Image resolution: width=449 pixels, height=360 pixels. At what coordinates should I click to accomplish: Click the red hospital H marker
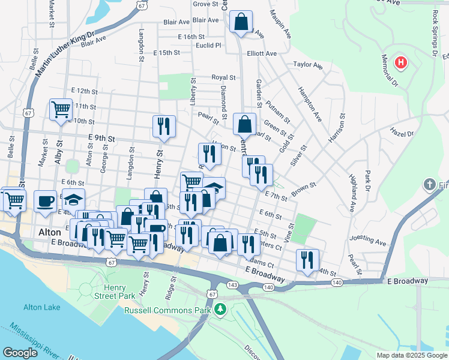pyautogui.click(x=400, y=62)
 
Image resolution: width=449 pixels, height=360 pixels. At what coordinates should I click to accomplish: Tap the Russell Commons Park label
pyautogui.click(x=167, y=310)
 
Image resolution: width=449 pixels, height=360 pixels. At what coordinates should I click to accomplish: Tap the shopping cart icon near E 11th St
pyautogui.click(x=61, y=109)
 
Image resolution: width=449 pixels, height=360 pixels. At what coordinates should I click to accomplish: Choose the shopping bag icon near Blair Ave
pyautogui.click(x=240, y=23)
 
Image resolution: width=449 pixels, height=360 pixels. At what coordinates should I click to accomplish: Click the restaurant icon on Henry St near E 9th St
pyautogui.click(x=164, y=126)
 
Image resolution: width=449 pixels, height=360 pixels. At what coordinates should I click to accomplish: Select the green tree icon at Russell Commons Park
pyautogui.click(x=221, y=310)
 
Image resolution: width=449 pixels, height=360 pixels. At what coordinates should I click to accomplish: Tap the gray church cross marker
pyautogui.click(x=430, y=184)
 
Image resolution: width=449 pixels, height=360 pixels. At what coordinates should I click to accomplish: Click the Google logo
pyautogui.click(x=20, y=353)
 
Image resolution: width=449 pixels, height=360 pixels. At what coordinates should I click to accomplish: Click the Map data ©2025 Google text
pyautogui.click(x=411, y=355)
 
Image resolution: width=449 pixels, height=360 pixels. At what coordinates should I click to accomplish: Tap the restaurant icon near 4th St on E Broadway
pyautogui.click(x=307, y=260)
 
